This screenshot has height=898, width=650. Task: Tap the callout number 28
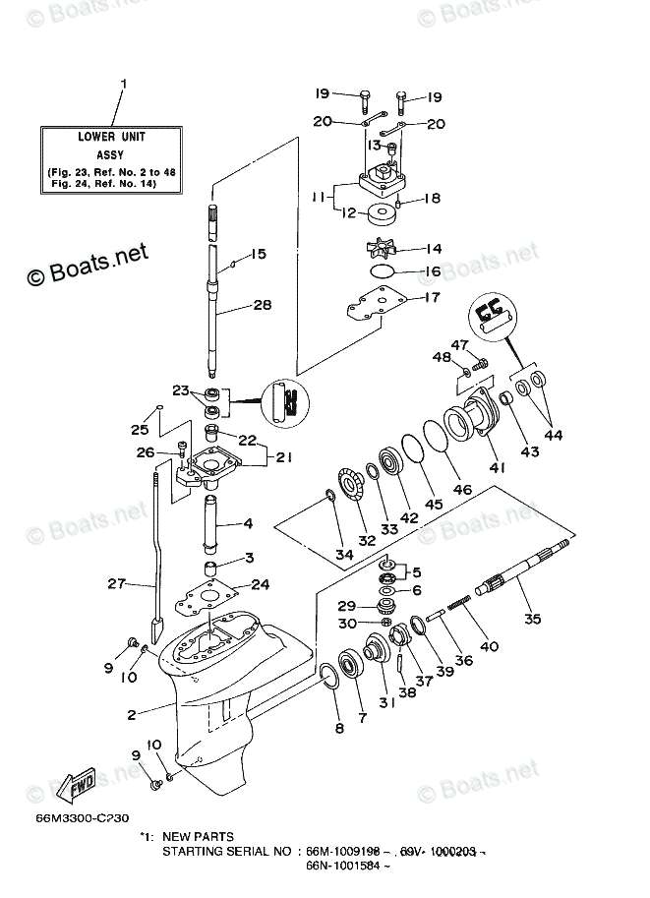[x=261, y=305]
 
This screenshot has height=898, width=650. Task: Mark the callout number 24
[x=260, y=584]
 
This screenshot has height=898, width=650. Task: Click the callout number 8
[x=340, y=728]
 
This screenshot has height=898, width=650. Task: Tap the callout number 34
[x=343, y=555]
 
